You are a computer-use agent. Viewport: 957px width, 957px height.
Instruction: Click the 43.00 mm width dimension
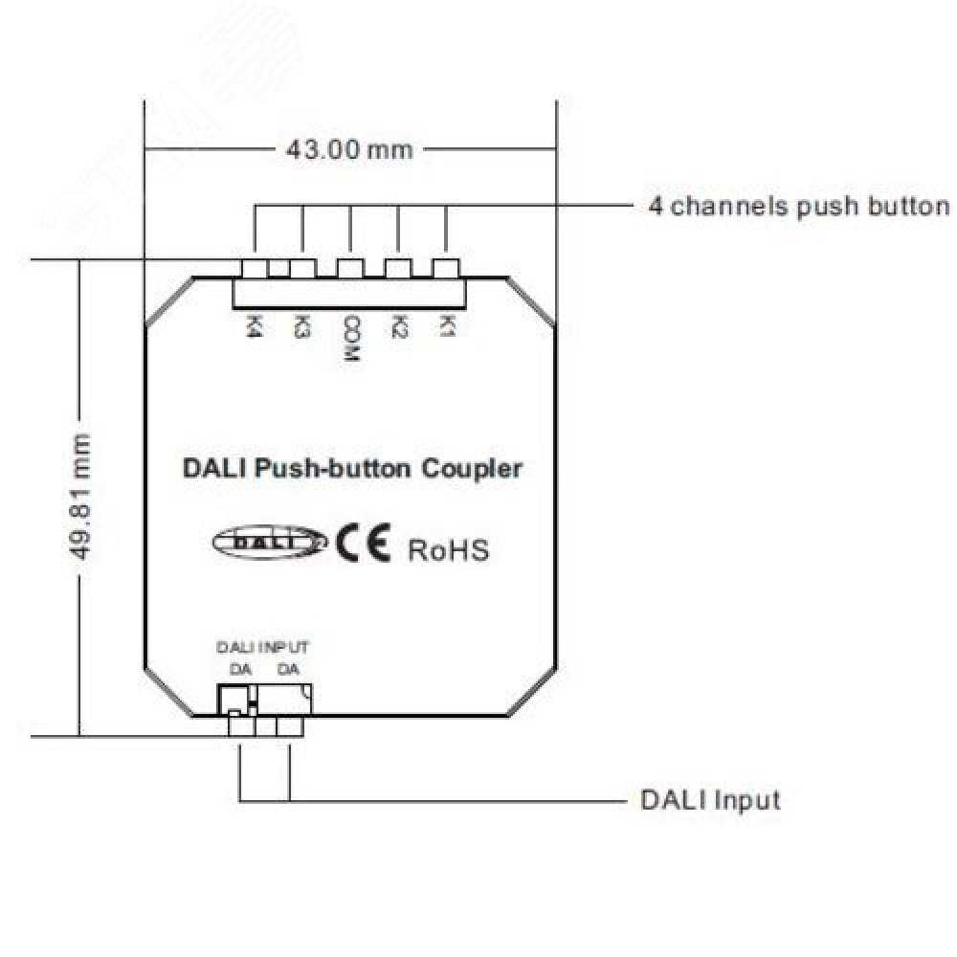[349, 150]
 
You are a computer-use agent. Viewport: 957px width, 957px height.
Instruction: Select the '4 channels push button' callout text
[799, 207]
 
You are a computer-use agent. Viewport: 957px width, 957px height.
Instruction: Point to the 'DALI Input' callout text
[709, 799]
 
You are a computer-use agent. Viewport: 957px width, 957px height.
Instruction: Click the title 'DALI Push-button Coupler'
[352, 470]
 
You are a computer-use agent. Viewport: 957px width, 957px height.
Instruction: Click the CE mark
[363, 545]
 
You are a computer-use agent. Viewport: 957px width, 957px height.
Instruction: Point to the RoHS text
[449, 550]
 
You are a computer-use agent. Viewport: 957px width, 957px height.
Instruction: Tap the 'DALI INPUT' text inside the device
[263, 648]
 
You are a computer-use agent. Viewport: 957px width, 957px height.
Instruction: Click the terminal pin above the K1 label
[446, 268]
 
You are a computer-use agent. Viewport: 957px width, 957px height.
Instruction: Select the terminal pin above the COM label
[350, 268]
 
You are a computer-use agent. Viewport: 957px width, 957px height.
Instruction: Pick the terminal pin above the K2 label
[398, 268]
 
